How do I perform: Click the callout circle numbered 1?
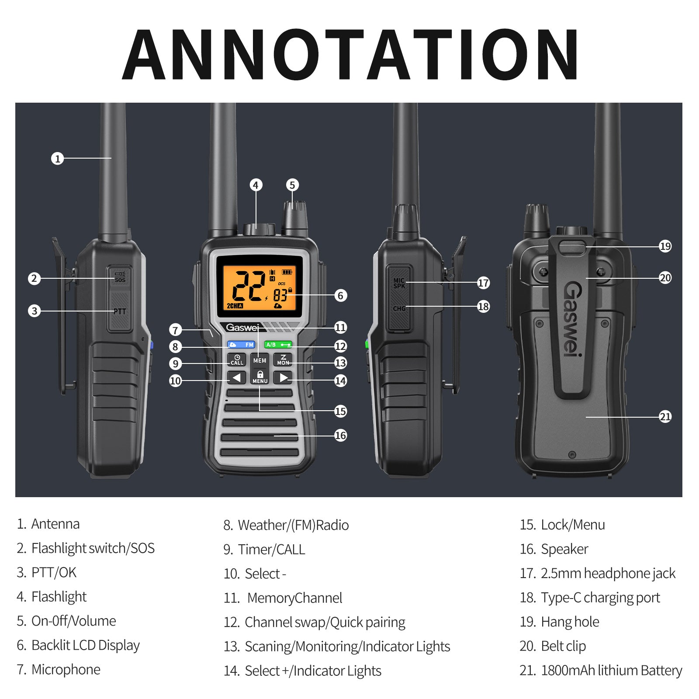pyautogui.click(x=57, y=158)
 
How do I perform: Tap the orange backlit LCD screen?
pyautogui.click(x=260, y=286)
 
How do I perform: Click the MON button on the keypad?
pyautogui.click(x=283, y=360)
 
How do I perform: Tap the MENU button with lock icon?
pyautogui.click(x=260, y=377)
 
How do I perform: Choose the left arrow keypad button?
pyautogui.click(x=236, y=377)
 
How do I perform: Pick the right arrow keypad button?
pyautogui.click(x=283, y=377)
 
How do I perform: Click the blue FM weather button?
pyautogui.click(x=241, y=345)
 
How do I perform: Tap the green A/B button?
pyautogui.click(x=278, y=345)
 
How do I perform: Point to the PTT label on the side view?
pyautogui.click(x=120, y=311)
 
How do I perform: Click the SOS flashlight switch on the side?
pyautogui.click(x=120, y=277)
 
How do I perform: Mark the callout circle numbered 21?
pyautogui.click(x=665, y=416)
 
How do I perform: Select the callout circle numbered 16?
pyautogui.click(x=340, y=435)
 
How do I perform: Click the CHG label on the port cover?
pyautogui.click(x=399, y=308)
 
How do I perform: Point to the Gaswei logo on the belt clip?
pyautogui.click(x=573, y=318)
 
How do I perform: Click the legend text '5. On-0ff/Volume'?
pyautogui.click(x=66, y=621)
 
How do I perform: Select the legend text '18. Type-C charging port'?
pyautogui.click(x=590, y=598)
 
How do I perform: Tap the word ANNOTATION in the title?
pyautogui.click(x=350, y=54)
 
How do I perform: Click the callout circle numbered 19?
pyautogui.click(x=665, y=246)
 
